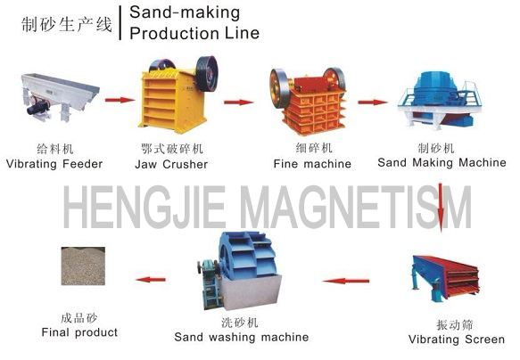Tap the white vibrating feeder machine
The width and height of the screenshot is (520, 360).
60,96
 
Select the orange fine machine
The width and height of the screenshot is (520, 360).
307,101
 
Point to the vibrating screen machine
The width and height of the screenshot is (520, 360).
445,277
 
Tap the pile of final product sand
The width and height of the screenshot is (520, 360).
83,266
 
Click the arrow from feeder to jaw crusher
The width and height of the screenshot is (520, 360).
120,100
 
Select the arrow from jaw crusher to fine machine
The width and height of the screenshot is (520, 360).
239,102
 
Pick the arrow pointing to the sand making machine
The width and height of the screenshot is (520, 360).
373,102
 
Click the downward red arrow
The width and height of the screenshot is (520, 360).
441,207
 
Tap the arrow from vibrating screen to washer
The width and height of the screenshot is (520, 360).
345,282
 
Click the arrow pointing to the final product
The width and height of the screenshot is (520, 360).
151,280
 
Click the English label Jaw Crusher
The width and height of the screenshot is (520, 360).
171,164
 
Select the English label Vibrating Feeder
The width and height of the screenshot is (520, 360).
54,164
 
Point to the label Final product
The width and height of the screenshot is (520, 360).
79,332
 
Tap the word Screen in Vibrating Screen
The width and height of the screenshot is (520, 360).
484,340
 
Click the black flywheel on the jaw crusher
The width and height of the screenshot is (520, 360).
207,73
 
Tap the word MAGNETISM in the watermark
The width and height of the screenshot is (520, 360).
356,207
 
